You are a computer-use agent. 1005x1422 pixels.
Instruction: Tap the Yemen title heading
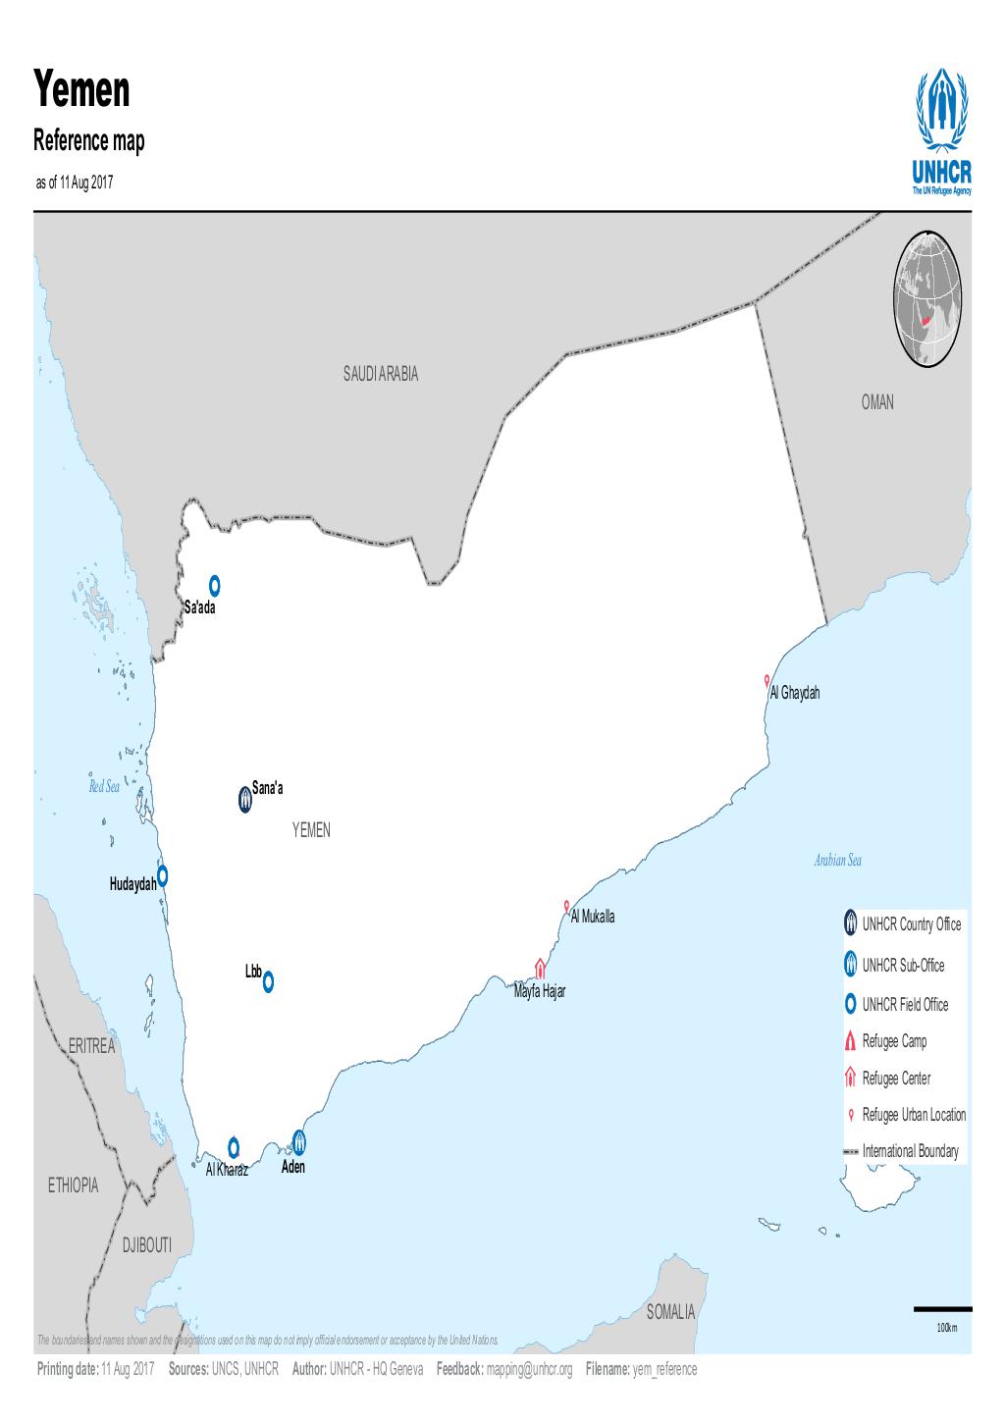click(x=82, y=90)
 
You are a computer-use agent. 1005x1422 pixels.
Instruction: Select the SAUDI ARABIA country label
click(x=381, y=374)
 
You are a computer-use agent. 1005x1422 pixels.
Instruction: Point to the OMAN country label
click(x=877, y=402)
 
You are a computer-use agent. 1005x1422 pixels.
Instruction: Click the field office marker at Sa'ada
click(x=214, y=585)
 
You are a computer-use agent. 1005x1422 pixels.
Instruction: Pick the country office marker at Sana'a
click(x=244, y=800)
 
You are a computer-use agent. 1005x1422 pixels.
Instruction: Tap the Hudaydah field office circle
click(x=163, y=874)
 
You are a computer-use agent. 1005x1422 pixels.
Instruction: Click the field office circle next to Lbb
click(x=268, y=980)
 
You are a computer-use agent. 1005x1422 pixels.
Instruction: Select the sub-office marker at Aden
click(x=298, y=1141)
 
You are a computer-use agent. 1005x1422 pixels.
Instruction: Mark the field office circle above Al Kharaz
click(x=234, y=1147)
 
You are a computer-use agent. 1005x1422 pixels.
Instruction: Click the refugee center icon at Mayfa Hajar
click(x=539, y=969)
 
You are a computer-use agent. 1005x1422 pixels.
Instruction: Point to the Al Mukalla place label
click(x=593, y=917)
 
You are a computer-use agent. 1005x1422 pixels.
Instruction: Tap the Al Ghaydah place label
click(x=794, y=694)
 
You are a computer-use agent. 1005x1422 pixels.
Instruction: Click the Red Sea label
click(x=103, y=787)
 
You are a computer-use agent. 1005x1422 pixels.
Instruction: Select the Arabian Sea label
click(x=837, y=861)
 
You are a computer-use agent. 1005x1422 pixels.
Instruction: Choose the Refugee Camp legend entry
click(x=894, y=1041)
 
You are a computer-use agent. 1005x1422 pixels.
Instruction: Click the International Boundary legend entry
click(x=910, y=1151)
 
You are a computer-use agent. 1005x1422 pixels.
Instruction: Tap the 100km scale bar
click(x=942, y=1309)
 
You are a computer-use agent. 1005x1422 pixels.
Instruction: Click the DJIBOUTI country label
click(x=146, y=1245)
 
